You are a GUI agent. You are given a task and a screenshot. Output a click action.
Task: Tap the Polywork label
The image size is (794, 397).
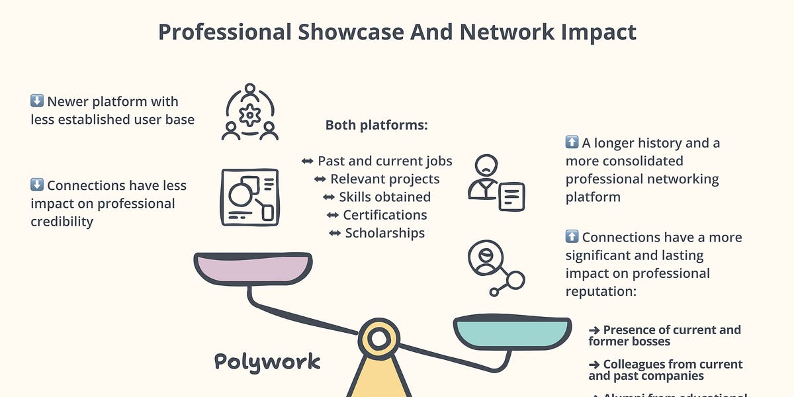[x=267, y=361]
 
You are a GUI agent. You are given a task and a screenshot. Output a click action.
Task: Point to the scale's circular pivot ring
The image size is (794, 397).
[x=378, y=338]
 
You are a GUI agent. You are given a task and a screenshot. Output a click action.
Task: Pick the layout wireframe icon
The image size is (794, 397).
[x=249, y=197]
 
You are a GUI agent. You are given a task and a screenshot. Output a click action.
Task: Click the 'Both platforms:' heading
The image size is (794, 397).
[x=376, y=125]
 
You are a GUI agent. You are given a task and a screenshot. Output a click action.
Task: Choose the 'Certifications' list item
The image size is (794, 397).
[x=384, y=215]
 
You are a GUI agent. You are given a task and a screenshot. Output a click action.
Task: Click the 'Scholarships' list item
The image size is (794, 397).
[x=384, y=233]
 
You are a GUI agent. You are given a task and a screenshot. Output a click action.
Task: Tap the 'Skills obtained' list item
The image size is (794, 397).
[x=384, y=197]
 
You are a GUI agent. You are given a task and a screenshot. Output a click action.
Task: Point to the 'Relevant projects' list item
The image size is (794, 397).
[x=384, y=179]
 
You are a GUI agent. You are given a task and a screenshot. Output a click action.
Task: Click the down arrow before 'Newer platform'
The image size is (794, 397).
[x=37, y=101]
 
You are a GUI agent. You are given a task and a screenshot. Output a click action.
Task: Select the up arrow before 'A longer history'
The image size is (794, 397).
[x=572, y=143]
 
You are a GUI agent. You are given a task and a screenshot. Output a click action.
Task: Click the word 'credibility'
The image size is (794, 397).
[x=62, y=222]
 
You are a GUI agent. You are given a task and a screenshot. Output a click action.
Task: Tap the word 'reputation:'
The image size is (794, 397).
[x=601, y=291]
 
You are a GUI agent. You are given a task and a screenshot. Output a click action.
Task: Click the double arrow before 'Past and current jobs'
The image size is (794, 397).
[x=308, y=161]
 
